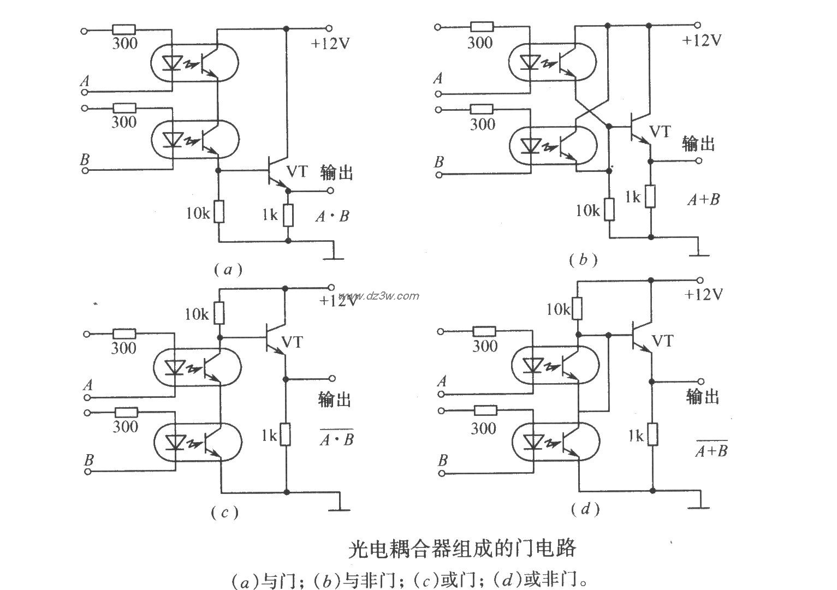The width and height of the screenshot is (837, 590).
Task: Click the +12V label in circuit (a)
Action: point(330,44)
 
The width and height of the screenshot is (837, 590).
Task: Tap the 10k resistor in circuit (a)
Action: point(218,212)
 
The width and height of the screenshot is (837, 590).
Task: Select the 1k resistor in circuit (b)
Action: point(650,196)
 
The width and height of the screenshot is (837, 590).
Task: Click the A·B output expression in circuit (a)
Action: point(332,217)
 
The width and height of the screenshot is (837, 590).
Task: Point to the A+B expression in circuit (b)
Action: point(703,200)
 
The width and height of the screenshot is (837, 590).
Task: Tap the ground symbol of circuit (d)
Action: point(699,504)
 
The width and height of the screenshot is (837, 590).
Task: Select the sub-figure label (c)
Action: point(224,512)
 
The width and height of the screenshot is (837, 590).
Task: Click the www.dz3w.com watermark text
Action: point(385,296)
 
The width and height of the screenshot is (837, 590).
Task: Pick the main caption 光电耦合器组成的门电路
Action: point(462,548)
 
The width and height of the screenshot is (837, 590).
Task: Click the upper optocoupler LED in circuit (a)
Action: point(173,63)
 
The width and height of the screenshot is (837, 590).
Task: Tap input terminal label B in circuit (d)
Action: point(443,461)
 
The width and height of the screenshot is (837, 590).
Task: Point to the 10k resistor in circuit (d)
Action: point(577,309)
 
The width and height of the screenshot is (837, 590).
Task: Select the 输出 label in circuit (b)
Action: point(698,144)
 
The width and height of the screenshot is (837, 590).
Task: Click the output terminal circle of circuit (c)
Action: point(332,378)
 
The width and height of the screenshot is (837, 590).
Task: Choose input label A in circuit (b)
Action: point(438,79)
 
